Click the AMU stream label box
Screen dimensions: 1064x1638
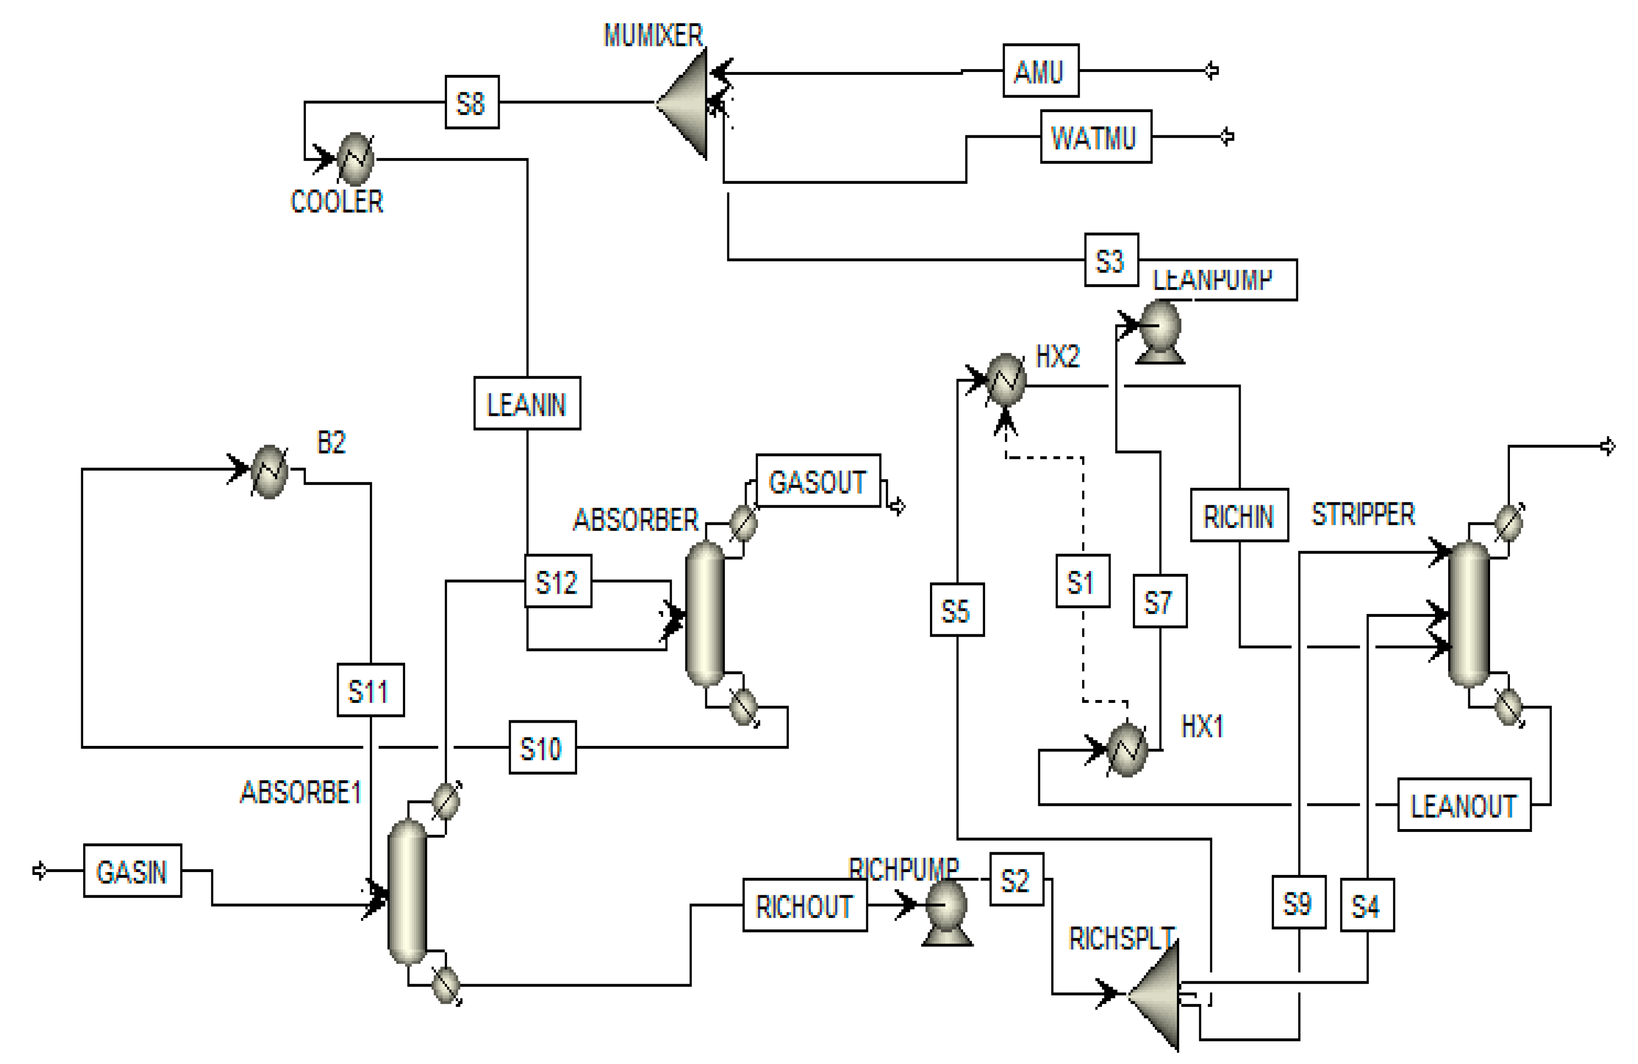point(1040,71)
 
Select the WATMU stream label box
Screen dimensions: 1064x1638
point(1095,137)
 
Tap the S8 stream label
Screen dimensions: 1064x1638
point(471,102)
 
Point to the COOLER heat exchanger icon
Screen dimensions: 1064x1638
point(356,159)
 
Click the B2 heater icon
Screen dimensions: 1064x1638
point(269,471)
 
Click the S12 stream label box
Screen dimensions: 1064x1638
point(557,582)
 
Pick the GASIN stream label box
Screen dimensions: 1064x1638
point(132,871)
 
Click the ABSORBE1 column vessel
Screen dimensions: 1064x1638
point(407,891)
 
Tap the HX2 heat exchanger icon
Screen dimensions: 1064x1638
point(1006,379)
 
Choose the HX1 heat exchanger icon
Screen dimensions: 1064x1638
point(1127,749)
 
